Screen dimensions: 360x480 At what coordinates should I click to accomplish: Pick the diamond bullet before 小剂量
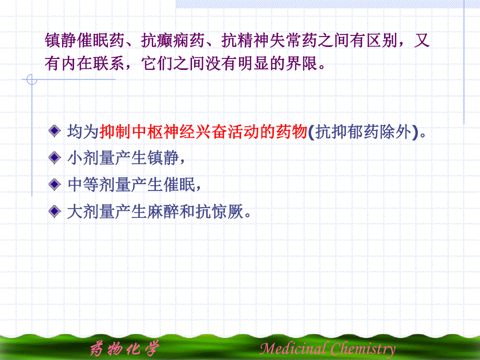(x=54, y=158)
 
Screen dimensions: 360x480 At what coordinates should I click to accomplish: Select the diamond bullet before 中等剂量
(x=54, y=185)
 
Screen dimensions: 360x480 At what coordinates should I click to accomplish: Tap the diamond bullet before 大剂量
(x=54, y=211)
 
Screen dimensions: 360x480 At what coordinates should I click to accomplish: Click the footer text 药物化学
(x=124, y=348)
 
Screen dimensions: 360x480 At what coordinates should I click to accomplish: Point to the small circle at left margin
(x=32, y=80)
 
